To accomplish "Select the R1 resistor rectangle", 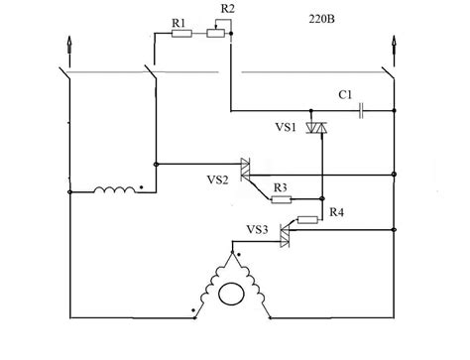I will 181,34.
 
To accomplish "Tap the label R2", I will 228,10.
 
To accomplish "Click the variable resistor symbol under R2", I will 216,34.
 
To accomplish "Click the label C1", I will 345,94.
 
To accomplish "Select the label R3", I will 281,186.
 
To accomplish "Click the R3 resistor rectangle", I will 282,199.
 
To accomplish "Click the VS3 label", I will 256,229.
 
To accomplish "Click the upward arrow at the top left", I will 68,45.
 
